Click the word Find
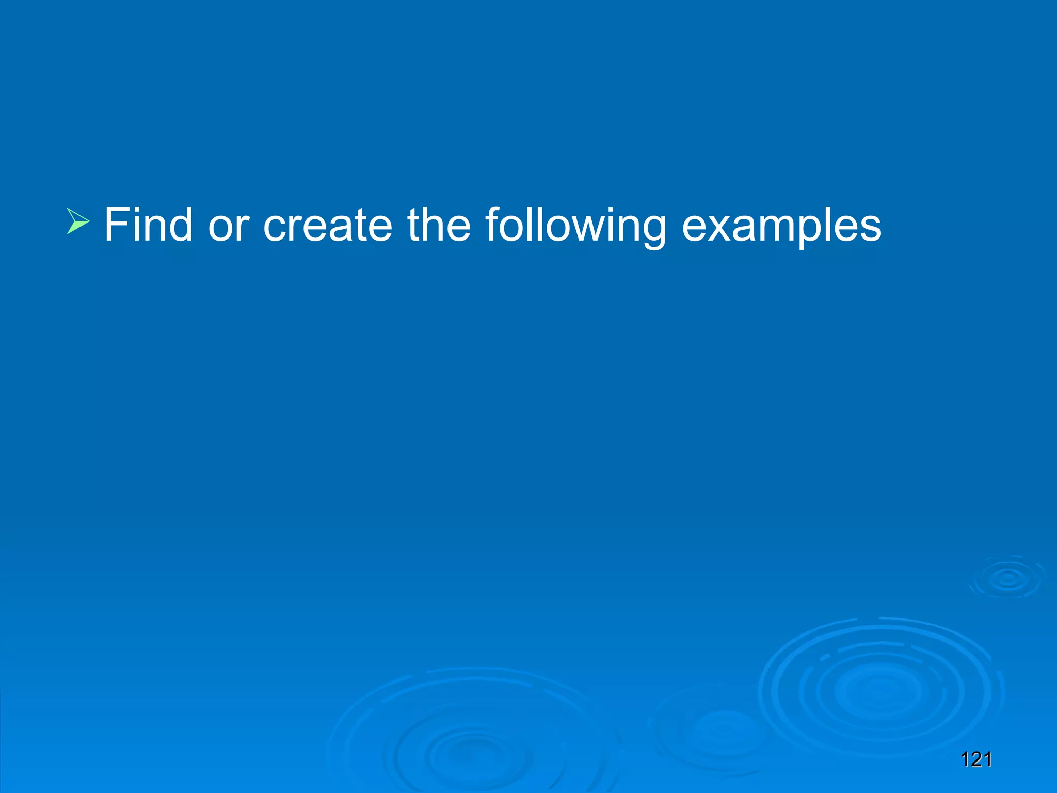click(148, 225)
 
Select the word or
click(229, 226)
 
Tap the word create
click(328, 226)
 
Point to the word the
click(439, 225)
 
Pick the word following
click(576, 226)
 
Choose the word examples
click(781, 226)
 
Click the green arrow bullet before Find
click(78, 221)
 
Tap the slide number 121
click(976, 760)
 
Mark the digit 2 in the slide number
click(975, 760)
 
